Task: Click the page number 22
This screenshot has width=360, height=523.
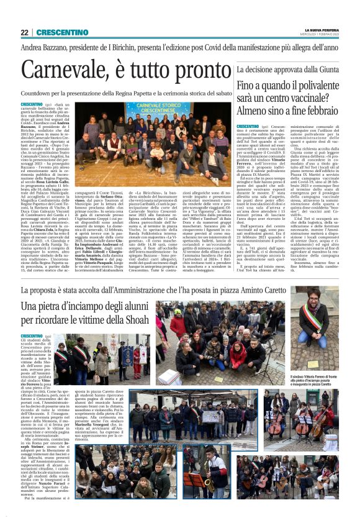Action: pos(24,32)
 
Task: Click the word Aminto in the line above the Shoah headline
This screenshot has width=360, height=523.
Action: pos(282,291)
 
